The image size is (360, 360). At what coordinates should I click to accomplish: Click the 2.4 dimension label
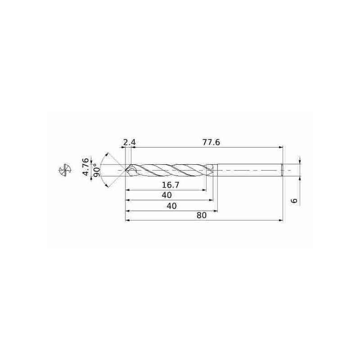click(x=130, y=142)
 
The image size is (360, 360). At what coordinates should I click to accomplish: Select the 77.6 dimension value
click(x=211, y=142)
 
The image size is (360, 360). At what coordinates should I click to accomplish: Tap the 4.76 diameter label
click(x=85, y=167)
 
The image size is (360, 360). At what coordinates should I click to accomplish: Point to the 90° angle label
click(x=97, y=171)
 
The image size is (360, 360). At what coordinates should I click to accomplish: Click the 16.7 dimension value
click(x=171, y=184)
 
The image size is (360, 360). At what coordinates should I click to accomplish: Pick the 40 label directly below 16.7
click(x=166, y=195)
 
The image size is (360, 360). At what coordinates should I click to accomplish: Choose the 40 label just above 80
click(x=172, y=206)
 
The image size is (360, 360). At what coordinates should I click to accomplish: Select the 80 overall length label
click(x=202, y=216)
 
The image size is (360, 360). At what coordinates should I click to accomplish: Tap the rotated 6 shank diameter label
click(x=294, y=200)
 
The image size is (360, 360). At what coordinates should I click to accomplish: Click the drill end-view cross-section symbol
click(x=65, y=171)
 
